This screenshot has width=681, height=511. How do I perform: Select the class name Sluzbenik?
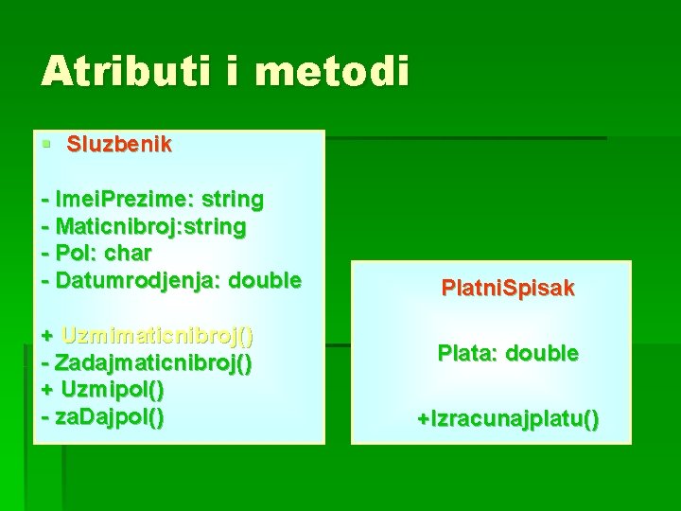point(119,144)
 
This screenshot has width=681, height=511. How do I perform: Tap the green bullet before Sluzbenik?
point(45,145)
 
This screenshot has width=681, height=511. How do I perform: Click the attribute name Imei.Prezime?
point(120,200)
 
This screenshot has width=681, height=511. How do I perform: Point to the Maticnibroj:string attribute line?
point(151,227)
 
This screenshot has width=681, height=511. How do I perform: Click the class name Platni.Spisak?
point(508,289)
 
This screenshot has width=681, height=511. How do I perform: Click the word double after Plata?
point(542,354)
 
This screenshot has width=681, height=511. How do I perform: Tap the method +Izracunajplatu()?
point(508,419)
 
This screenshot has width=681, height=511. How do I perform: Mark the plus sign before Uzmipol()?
point(47,389)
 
